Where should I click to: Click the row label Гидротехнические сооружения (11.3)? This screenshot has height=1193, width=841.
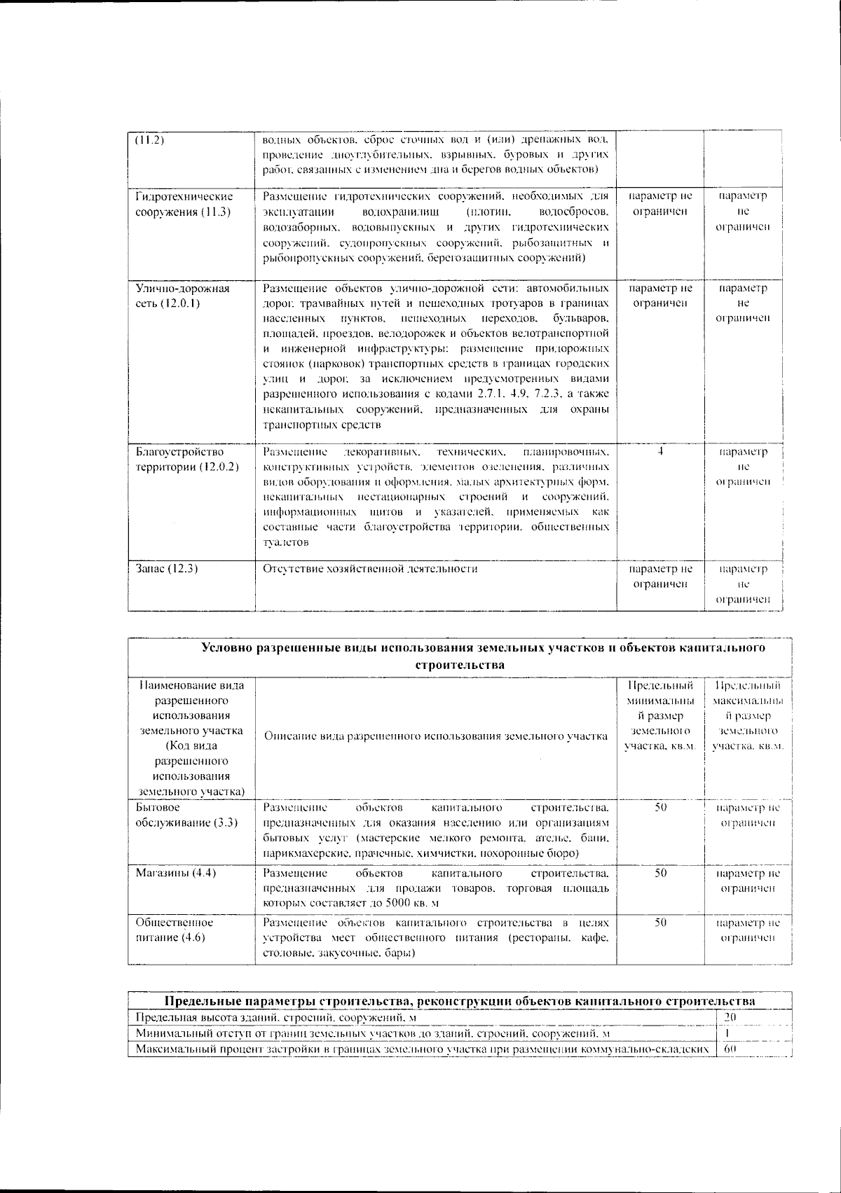click(x=184, y=204)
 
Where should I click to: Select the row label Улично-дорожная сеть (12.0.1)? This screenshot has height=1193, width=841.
click(x=182, y=296)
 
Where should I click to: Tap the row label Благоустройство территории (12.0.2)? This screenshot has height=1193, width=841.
click(x=186, y=459)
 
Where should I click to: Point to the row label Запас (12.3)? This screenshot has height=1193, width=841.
click(x=166, y=569)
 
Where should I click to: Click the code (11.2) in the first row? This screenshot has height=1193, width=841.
click(x=149, y=139)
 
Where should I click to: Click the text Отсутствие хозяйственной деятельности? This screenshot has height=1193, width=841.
click(x=370, y=569)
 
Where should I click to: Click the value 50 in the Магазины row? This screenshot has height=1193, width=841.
click(x=660, y=873)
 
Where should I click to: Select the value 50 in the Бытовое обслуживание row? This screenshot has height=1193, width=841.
click(x=660, y=807)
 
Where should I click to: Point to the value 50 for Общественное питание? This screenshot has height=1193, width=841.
click(x=660, y=923)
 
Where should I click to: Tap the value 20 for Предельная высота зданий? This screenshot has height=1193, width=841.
click(x=729, y=1017)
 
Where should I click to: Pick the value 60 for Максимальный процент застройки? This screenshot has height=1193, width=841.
click(x=729, y=1049)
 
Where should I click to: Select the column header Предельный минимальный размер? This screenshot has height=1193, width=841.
click(x=660, y=716)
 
